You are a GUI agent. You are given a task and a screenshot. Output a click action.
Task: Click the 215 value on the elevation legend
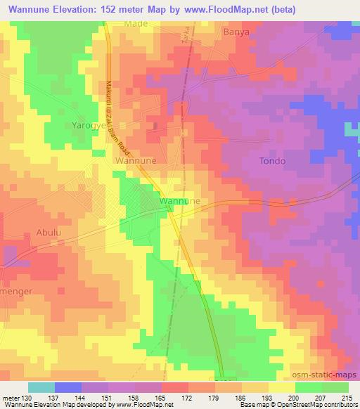point(347,397)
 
